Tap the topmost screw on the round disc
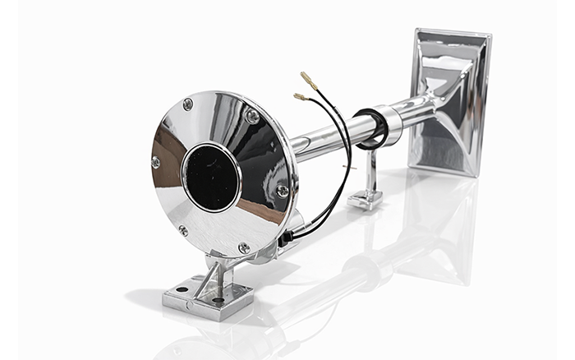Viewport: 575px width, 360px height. coord(188,104)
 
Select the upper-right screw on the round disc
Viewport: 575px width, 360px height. coord(252,117)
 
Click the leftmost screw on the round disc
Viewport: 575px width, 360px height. coord(156,163)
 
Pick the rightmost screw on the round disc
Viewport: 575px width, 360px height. coord(283,191)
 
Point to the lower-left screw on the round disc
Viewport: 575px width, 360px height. coord(182,231)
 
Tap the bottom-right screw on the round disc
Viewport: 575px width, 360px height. coord(244,247)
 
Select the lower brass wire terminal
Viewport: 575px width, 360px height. coord(301,97)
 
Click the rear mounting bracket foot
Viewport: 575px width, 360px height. coord(364,198)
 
